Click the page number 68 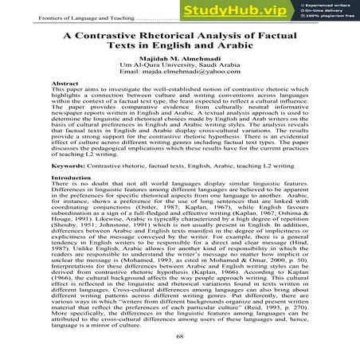coord(179,337)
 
